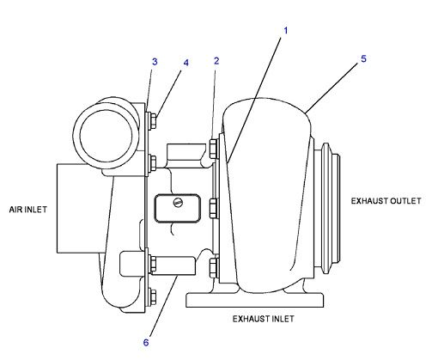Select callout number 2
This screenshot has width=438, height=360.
click(216, 61)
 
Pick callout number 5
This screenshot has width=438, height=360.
click(363, 58)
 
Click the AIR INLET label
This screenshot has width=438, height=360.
click(27, 209)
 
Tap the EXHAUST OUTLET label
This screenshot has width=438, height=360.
click(386, 201)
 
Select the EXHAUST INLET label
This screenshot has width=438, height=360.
click(264, 318)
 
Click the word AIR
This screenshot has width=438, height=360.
click(15, 209)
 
